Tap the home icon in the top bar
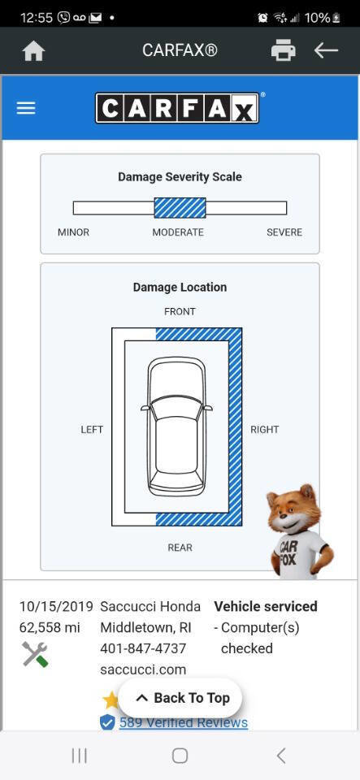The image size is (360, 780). pyautogui.click(x=34, y=50)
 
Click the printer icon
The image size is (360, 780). pyautogui.click(x=284, y=50)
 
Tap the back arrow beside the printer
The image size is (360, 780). pyautogui.click(x=326, y=50)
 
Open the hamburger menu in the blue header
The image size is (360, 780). pyautogui.click(x=26, y=108)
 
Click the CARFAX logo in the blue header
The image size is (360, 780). pyautogui.click(x=177, y=108)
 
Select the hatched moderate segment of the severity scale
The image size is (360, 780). pyautogui.click(x=180, y=208)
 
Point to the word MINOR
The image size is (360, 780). pyautogui.click(x=74, y=232)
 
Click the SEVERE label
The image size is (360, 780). pyautogui.click(x=284, y=232)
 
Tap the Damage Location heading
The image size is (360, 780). pyautogui.click(x=180, y=287)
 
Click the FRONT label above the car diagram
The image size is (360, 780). pyautogui.click(x=180, y=311)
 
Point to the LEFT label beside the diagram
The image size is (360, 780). pyautogui.click(x=92, y=429)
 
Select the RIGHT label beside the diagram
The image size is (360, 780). pyautogui.click(x=265, y=429)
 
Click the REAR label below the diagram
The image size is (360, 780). pyautogui.click(x=180, y=548)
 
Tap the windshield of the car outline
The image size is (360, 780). pyautogui.click(x=176, y=409)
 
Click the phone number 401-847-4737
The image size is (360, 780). pyautogui.click(x=143, y=648)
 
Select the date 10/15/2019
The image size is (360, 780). pyautogui.click(x=56, y=606)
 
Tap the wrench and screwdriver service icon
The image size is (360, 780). pyautogui.click(x=35, y=654)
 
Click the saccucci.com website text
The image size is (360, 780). pyautogui.click(x=143, y=669)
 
